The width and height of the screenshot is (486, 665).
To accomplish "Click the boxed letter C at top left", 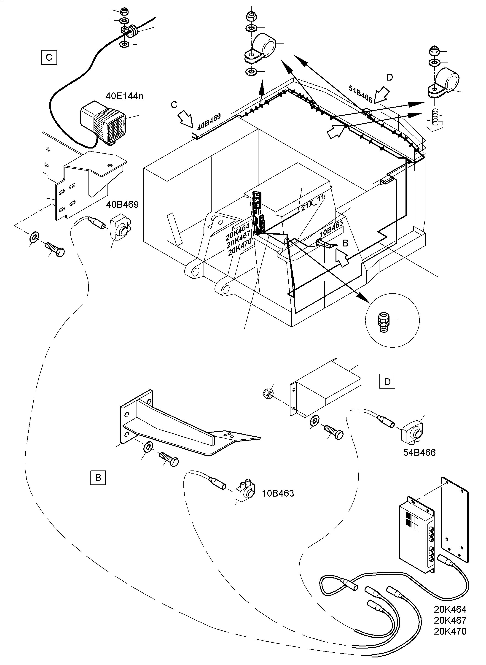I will pyautogui.click(x=49, y=57).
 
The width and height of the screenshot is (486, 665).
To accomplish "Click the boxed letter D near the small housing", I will pyautogui.click(x=387, y=382).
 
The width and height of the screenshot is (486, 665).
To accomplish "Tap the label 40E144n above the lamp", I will pyautogui.click(x=124, y=96).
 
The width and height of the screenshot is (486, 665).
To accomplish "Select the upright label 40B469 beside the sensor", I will pyautogui.click(x=122, y=204).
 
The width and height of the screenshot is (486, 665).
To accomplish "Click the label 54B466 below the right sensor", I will pyautogui.click(x=419, y=452).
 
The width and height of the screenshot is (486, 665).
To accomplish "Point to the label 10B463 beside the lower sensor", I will pyautogui.click(x=278, y=493).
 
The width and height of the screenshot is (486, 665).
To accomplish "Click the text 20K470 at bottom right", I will pyautogui.click(x=450, y=631).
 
